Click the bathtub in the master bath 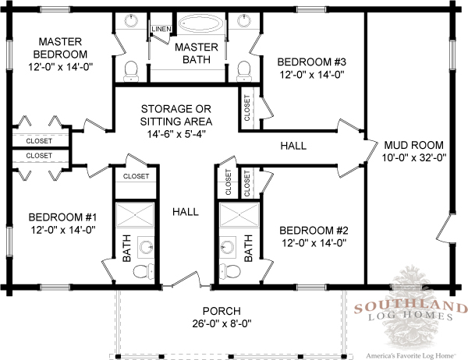pyautogui.click(x=200, y=23)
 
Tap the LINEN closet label pyautogui.click(x=161, y=29)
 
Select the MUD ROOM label pyautogui.click(x=413, y=145)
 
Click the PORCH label pyautogui.click(x=222, y=311)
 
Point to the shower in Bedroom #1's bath pyautogui.click(x=135, y=215)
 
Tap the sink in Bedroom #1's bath pyautogui.click(x=146, y=247)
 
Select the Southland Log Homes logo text pyautogui.click(x=410, y=311)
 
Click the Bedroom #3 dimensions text pyautogui.click(x=312, y=75)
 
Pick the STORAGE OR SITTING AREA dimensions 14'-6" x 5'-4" pyautogui.click(x=176, y=134)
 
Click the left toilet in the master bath pyautogui.click(x=131, y=71)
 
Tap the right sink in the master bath pyautogui.click(x=245, y=21)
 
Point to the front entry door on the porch pyautogui.click(x=187, y=281)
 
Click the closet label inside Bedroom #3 pyautogui.click(x=246, y=108)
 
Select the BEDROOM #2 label pyautogui.click(x=314, y=231)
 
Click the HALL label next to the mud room pyautogui.click(x=293, y=146)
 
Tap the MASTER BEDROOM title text pyautogui.click(x=60, y=48)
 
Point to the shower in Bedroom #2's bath pyautogui.click(x=239, y=215)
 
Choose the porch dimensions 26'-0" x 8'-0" pyautogui.click(x=222, y=323)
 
